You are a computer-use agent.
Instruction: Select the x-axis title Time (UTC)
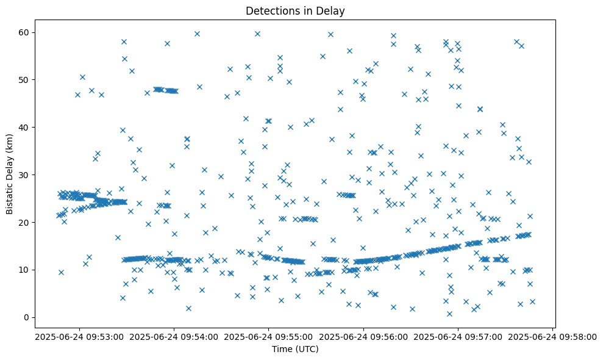pos(295,350)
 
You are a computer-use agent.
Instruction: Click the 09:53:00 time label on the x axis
pos(79,336)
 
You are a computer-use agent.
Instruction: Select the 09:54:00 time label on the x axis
pos(174,336)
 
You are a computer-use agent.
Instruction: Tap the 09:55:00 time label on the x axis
pos(268,336)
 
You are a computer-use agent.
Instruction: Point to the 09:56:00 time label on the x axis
pos(363,336)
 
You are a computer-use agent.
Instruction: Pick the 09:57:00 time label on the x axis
pos(458,336)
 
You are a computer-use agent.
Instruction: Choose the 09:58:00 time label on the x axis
pos(552,336)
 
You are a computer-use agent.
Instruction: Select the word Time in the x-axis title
pos(282,350)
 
